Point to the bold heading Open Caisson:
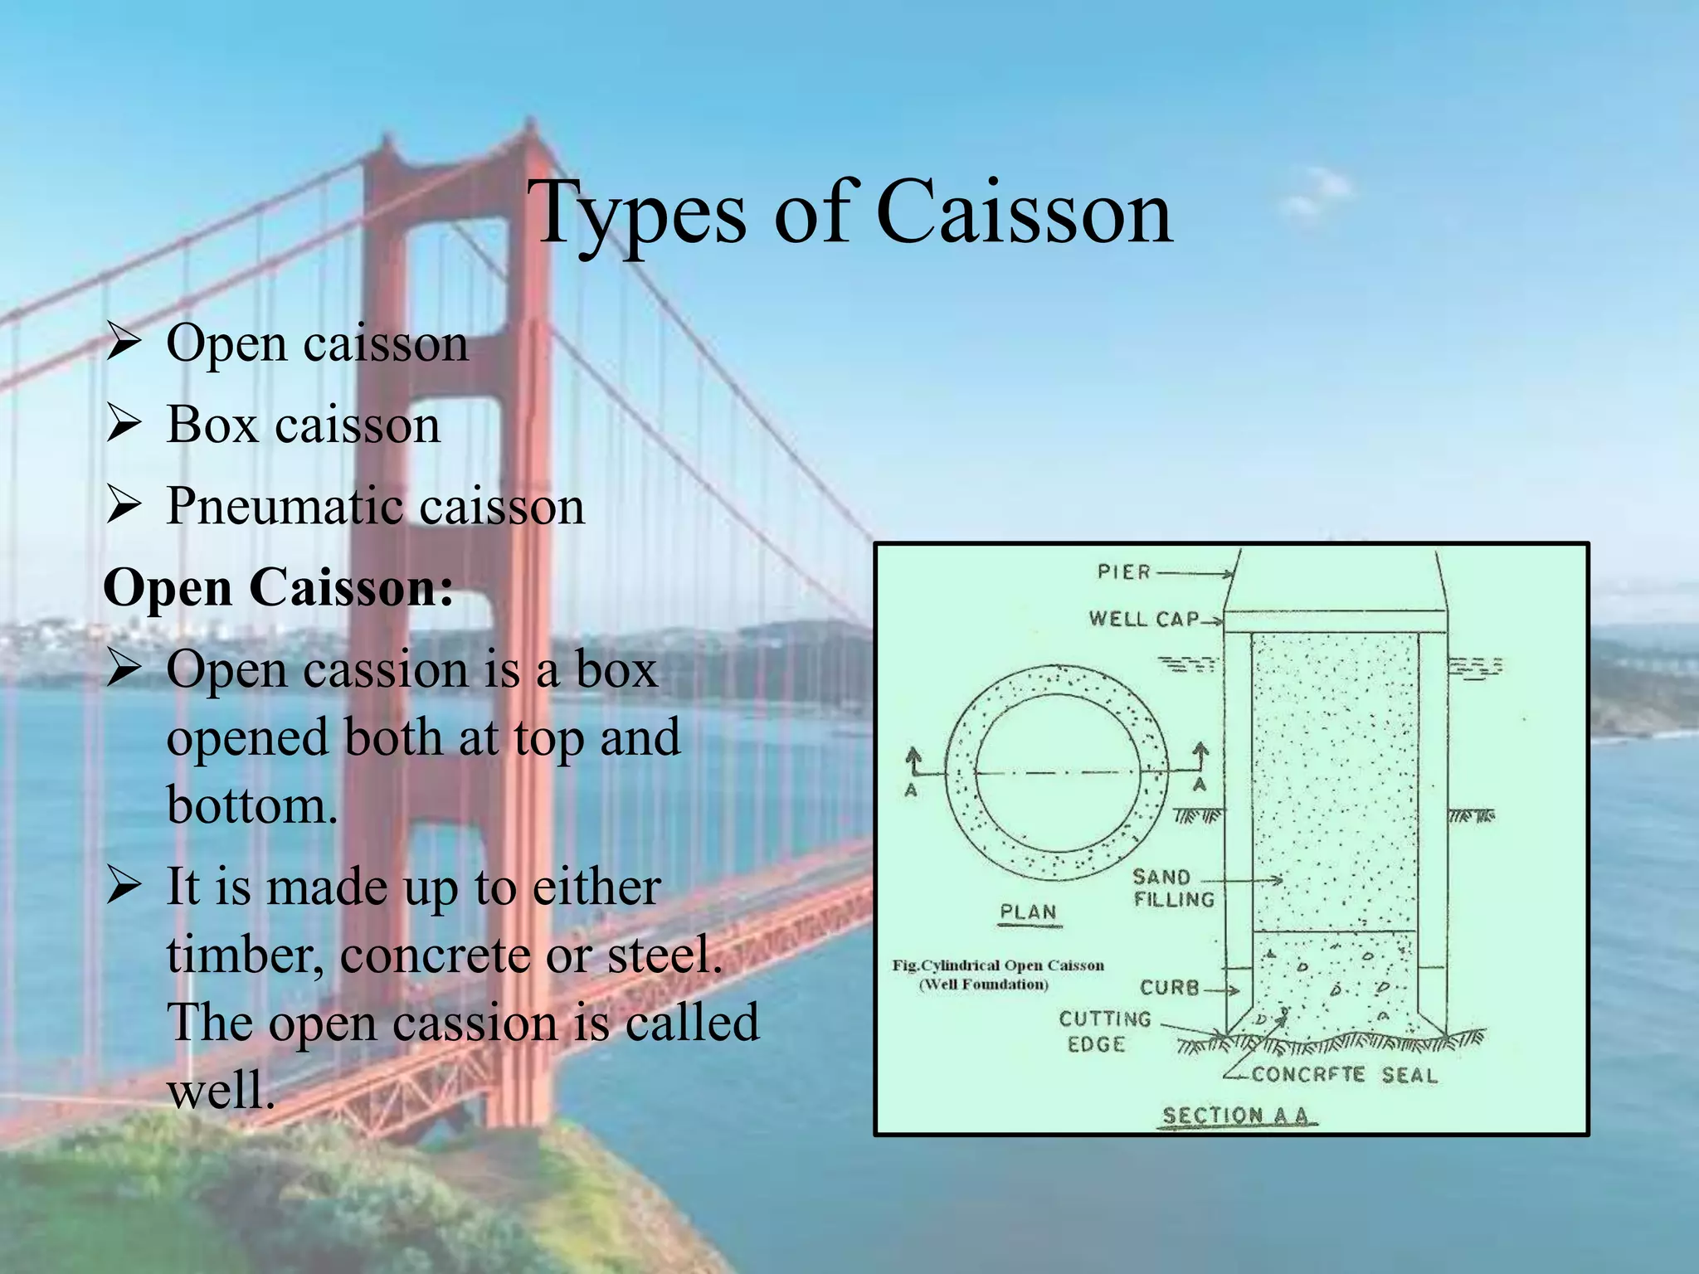(x=278, y=587)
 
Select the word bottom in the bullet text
(x=252, y=805)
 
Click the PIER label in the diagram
(x=1124, y=572)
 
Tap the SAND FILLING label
(x=1172, y=887)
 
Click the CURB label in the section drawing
(x=1170, y=987)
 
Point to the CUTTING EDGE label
(x=1104, y=1031)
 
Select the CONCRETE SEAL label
(x=1344, y=1075)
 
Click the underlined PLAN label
(x=1029, y=912)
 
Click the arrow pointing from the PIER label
(x=1195, y=573)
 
